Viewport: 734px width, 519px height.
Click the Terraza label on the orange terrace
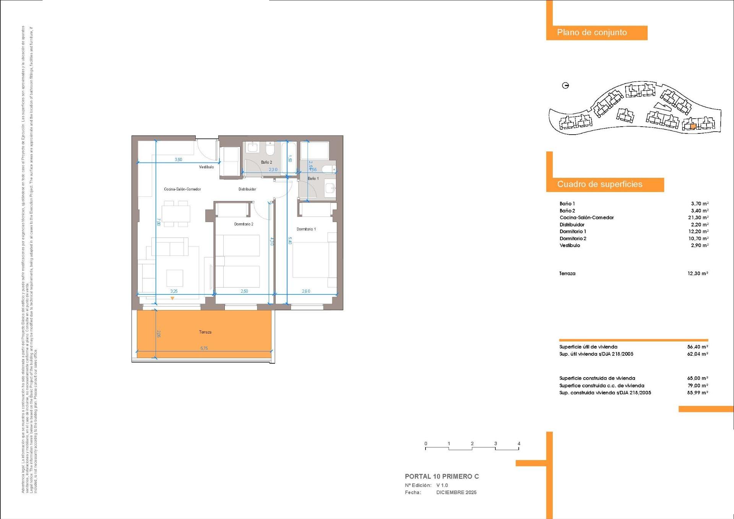(x=205, y=332)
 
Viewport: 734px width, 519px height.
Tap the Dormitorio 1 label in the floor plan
(x=306, y=229)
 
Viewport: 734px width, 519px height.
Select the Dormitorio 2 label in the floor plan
(x=244, y=224)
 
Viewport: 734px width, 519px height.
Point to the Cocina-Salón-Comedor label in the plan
(x=182, y=189)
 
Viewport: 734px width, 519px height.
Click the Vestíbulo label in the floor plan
(x=206, y=167)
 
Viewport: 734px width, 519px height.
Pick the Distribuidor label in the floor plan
(x=247, y=189)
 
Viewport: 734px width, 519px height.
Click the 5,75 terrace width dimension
(x=204, y=348)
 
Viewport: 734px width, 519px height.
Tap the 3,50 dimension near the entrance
(x=179, y=159)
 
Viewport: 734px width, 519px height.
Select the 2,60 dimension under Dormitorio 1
(x=306, y=291)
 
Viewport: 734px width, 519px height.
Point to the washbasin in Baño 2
(x=253, y=147)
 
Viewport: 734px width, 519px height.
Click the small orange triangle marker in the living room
(x=172, y=298)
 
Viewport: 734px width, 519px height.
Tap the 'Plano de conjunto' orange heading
(x=592, y=33)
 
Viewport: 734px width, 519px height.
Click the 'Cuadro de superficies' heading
(x=599, y=184)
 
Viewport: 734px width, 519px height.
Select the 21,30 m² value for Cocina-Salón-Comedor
(x=698, y=218)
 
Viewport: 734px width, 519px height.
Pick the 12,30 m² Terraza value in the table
(x=698, y=273)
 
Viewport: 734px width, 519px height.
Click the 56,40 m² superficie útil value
(x=698, y=347)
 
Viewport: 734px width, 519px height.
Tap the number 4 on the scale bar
(x=519, y=444)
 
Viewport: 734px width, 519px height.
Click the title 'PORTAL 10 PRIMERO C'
(x=442, y=477)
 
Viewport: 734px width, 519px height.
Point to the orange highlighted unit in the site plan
(x=693, y=126)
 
